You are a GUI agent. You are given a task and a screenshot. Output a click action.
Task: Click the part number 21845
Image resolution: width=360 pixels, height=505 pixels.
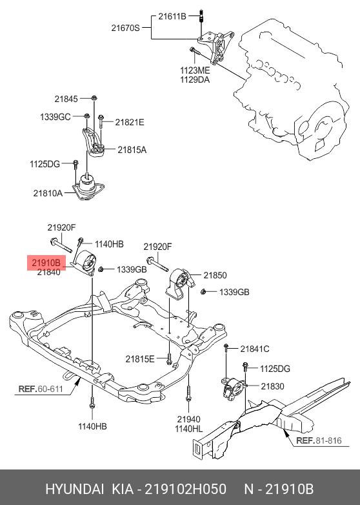coord(65,99)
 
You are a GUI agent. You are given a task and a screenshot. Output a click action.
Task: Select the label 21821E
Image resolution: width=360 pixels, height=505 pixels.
coord(130,121)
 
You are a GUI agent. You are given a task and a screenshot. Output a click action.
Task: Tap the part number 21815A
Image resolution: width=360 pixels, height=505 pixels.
coord(132,150)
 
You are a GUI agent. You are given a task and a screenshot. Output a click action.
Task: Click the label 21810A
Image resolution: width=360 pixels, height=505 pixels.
coord(48,192)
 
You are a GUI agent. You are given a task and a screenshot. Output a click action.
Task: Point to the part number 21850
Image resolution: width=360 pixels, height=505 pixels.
coord(215,275)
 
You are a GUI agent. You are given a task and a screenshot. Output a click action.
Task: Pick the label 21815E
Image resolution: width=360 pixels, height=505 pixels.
coord(140,359)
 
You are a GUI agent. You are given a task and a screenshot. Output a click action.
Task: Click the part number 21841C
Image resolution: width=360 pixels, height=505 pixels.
coord(255,349)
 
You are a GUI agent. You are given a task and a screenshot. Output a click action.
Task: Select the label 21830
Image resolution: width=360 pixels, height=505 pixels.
coord(272,386)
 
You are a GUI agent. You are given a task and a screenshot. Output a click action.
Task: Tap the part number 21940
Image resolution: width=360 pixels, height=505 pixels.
coord(188,419)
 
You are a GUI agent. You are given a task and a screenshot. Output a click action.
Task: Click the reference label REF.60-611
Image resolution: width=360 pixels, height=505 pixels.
coord(40,389)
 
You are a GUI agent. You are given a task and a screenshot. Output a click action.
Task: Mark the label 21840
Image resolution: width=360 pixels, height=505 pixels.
coord(48,273)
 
